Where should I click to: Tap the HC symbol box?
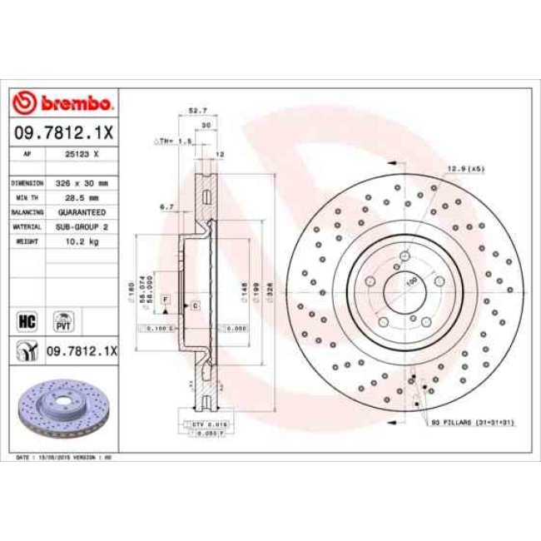(26, 319)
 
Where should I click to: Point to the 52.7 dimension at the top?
(197, 110)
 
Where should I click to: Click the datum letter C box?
(194, 307)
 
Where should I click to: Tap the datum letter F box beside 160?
(166, 298)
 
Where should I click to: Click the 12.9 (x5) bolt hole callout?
(466, 169)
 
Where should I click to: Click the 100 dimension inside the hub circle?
(409, 283)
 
